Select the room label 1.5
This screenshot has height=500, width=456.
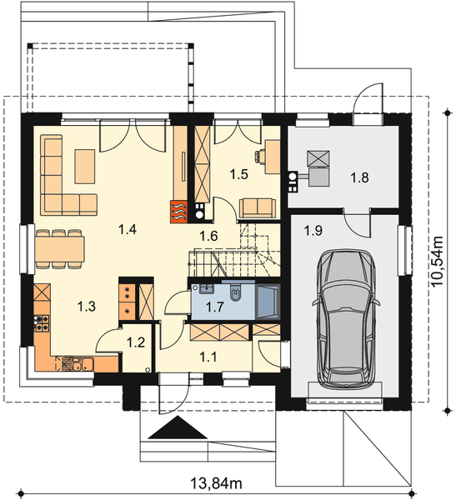239,174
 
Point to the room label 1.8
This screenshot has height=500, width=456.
359,177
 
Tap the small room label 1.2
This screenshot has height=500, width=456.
135,341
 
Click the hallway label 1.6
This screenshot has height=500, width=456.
208,236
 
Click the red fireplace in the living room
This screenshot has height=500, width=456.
179,212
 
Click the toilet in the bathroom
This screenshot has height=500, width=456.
237,293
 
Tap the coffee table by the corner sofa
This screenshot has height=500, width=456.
85,165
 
